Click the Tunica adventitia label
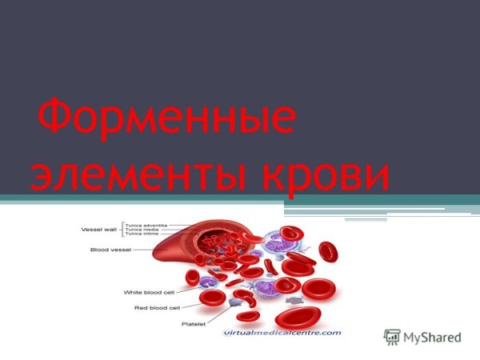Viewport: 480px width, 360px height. pos(150,225)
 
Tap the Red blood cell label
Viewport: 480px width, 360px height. pos(147,307)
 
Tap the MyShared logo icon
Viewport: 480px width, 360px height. pos(392,337)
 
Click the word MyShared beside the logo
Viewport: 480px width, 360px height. pos(432,338)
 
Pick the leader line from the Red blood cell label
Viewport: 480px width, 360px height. pos(188,306)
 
